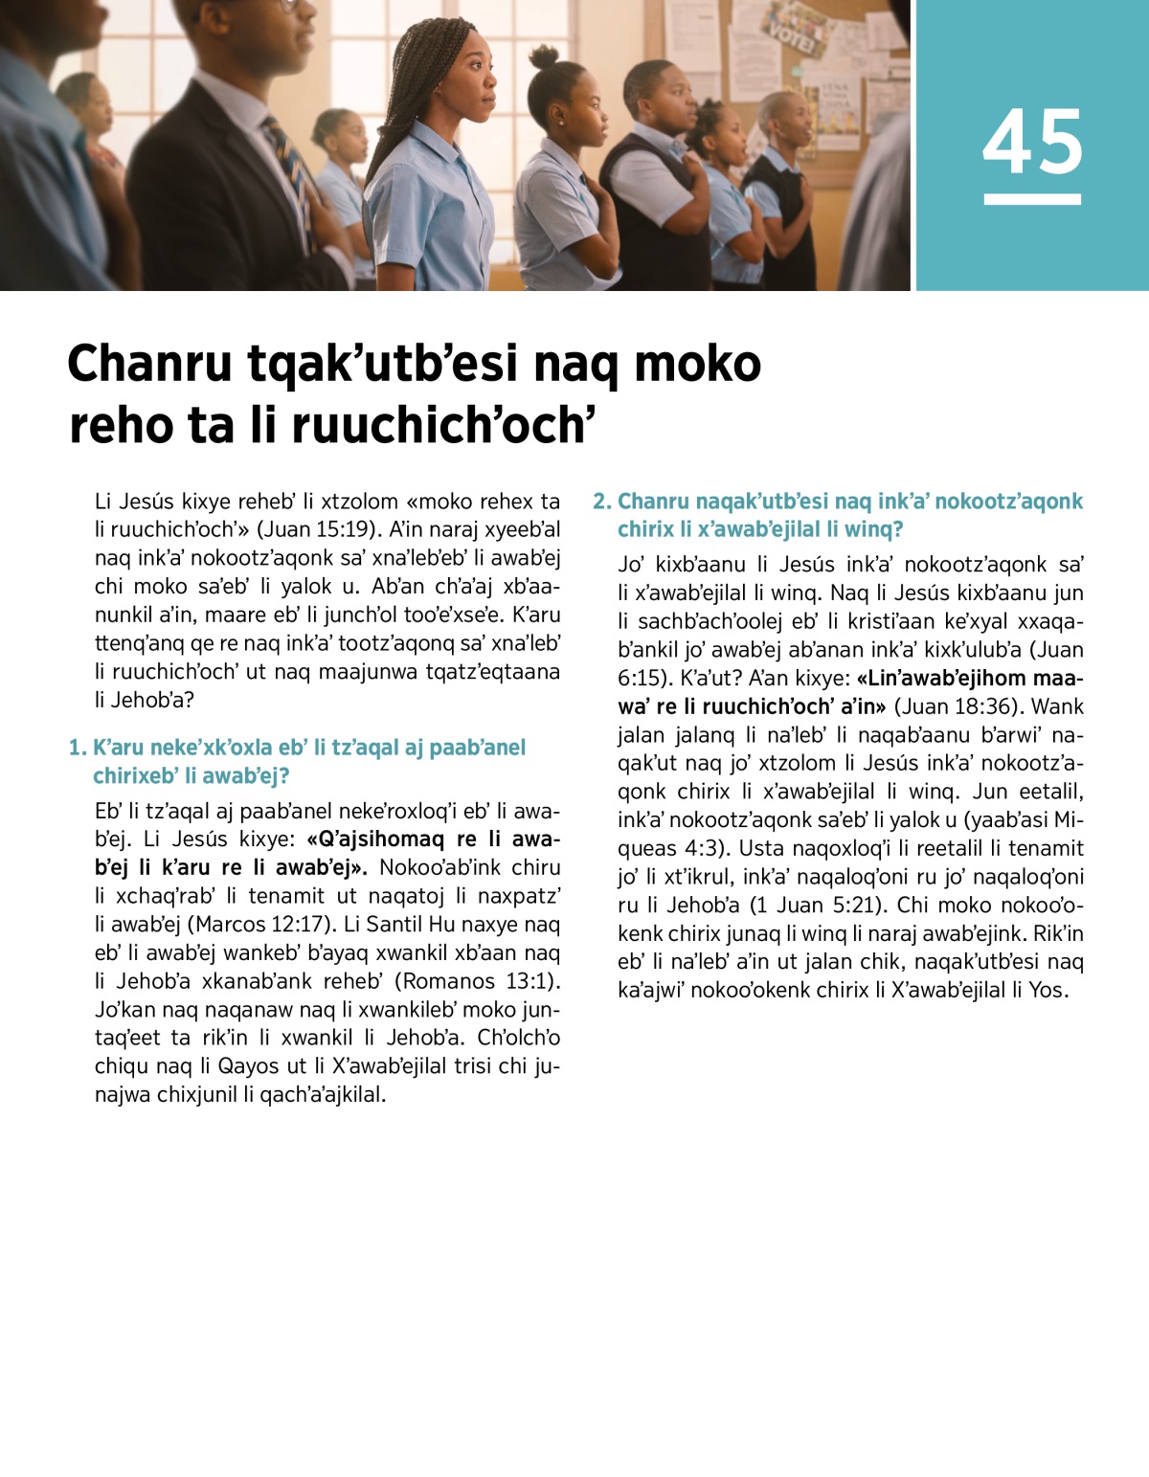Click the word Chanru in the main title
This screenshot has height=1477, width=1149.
point(149,364)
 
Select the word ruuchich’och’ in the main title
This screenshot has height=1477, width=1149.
point(443,426)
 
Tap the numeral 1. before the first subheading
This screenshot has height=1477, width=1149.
point(78,748)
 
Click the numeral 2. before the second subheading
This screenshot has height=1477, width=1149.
point(602,502)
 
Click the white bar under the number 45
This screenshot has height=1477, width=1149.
point(1032,199)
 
